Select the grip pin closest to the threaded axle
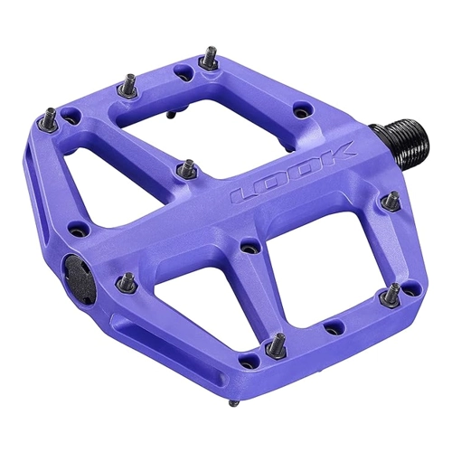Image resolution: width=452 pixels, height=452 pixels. click(391, 200)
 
